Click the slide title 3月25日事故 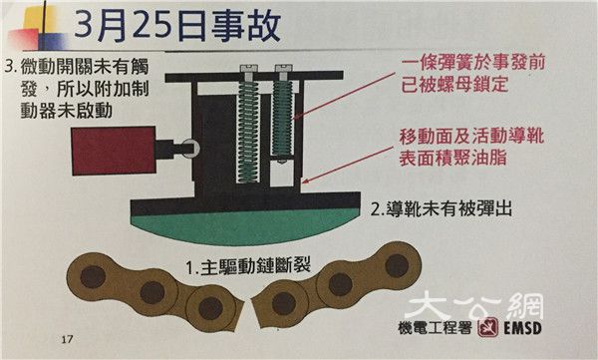pos(177,26)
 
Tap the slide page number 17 pos(67,339)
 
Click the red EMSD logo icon pos(487,327)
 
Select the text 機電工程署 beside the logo pos(435,327)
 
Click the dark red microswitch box pos(114,151)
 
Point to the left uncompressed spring pos(248,133)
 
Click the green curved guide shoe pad pos(244,227)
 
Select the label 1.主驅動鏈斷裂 pos(248,265)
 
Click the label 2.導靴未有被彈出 pos(442,208)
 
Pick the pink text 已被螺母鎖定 pos(454,85)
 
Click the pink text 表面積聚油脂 pos(453,157)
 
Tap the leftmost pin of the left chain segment pos(93,277)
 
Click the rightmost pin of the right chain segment pos(397,265)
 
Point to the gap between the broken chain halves pos(248,313)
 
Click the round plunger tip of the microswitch pos(190,148)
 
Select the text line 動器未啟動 pos(67,111)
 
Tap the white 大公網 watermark pos(474,304)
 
